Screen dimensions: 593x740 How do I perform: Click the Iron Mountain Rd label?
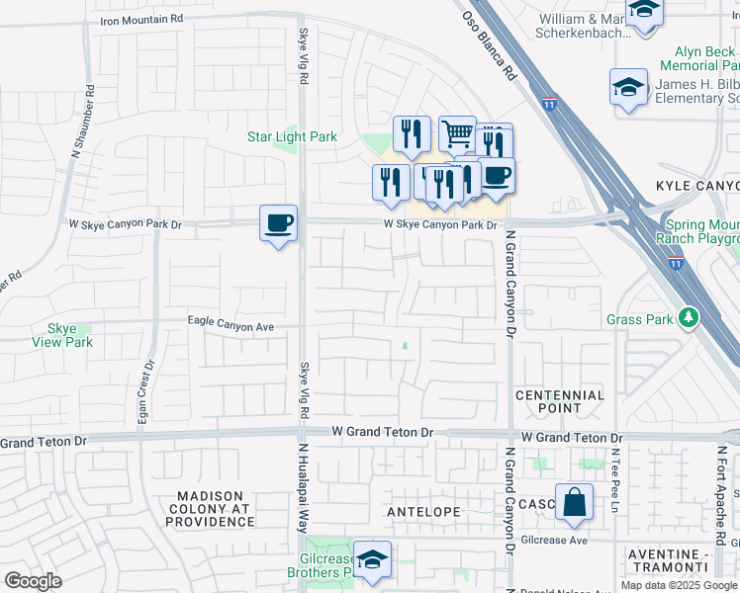(x=141, y=19)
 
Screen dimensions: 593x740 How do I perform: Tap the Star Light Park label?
(x=292, y=137)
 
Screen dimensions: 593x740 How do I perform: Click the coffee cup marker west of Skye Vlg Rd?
(x=278, y=222)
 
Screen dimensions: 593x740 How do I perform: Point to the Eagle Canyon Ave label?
(x=231, y=322)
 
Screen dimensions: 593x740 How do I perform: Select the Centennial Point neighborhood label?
(x=560, y=401)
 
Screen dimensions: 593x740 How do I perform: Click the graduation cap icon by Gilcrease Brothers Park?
(x=372, y=559)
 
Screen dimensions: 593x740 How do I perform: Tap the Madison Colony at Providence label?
(x=216, y=508)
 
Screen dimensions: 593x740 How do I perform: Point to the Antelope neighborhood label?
(x=424, y=512)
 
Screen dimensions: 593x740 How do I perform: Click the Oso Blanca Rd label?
(x=491, y=45)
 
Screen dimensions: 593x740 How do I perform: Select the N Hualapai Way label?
(x=304, y=487)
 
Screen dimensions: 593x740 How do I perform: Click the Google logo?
(x=34, y=581)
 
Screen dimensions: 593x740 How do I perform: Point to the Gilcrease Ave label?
(x=556, y=541)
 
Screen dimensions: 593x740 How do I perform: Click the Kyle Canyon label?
(x=697, y=187)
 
